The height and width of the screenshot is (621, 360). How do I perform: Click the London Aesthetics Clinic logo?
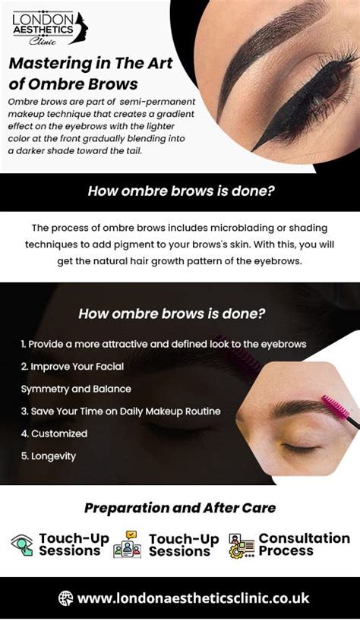click(x=50, y=28)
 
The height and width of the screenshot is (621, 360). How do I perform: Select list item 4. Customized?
click(x=54, y=433)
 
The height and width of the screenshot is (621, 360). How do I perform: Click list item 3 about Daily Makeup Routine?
click(x=121, y=411)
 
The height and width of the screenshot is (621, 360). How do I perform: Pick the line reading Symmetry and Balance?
click(x=76, y=389)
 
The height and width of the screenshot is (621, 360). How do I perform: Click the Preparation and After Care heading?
click(x=180, y=508)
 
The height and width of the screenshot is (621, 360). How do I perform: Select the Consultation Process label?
click(x=304, y=544)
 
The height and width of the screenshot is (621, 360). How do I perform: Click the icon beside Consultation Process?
click(x=242, y=546)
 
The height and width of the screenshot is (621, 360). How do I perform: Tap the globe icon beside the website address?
click(x=65, y=598)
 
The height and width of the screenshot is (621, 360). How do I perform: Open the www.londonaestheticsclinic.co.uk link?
click(x=193, y=598)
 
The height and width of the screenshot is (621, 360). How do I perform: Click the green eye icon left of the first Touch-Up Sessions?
click(x=22, y=545)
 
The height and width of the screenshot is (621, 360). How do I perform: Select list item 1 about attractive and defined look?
click(x=163, y=344)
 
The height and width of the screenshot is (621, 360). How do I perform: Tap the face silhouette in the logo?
click(x=81, y=28)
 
